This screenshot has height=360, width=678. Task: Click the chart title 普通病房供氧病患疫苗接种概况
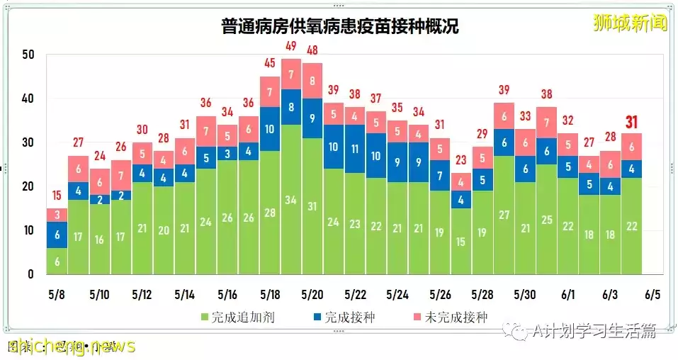click(338, 27)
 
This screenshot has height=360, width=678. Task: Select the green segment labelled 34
click(290, 199)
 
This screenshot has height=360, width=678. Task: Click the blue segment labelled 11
click(355, 150)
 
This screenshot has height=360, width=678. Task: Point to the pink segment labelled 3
click(57, 215)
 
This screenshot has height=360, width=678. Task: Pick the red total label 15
click(57, 196)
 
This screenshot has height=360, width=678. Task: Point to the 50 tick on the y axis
click(28, 55)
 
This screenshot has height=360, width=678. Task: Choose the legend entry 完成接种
click(344, 317)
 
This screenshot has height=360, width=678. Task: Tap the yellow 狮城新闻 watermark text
click(630, 23)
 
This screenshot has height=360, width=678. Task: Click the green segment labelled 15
click(461, 241)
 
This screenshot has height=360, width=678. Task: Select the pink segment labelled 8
click(312, 81)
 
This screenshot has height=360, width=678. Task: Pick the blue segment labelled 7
click(440, 175)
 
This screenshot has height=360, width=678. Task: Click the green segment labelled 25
click(546, 220)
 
